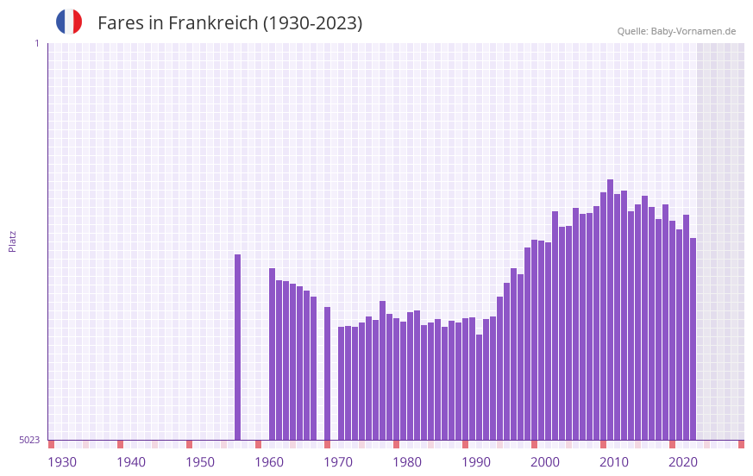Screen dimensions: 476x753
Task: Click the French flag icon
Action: pyautogui.click(x=69, y=22)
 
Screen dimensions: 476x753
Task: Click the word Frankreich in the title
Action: pyautogui.click(x=213, y=23)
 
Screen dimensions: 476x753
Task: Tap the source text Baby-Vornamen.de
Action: pyautogui.click(x=693, y=31)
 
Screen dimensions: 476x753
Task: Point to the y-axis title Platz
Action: pyautogui.click(x=12, y=241)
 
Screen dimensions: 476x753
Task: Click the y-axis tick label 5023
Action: pyautogui.click(x=29, y=440)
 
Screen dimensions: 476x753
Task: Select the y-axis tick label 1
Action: pyautogui.click(x=36, y=43)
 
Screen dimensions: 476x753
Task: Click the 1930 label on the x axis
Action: pyautogui.click(x=62, y=462)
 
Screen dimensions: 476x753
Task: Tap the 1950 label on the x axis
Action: pyautogui.click(x=200, y=462)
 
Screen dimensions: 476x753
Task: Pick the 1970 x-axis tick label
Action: pyautogui.click(x=338, y=462)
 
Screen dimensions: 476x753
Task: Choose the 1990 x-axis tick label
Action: pyautogui.click(x=476, y=462)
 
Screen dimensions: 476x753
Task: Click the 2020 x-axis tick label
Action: pyautogui.click(x=683, y=462)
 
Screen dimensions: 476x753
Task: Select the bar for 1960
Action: pyautogui.click(x=273, y=354)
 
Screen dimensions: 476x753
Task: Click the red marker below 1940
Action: pyautogui.click(x=121, y=444)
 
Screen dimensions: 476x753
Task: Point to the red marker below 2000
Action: pyautogui.click(x=535, y=444)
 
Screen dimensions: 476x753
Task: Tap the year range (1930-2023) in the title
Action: pyautogui.click(x=312, y=23)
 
